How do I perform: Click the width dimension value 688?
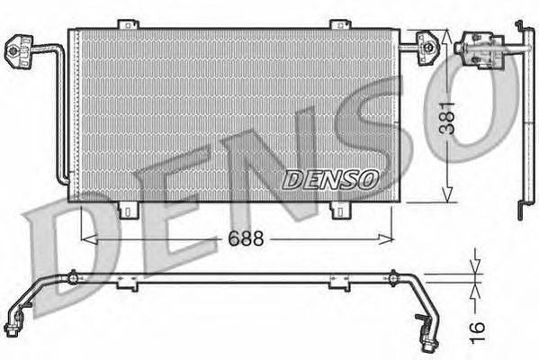click(x=247, y=238)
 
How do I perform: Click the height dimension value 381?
click(x=447, y=117)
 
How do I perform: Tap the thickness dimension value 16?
click(x=478, y=332)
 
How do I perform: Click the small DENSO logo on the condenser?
click(x=330, y=179)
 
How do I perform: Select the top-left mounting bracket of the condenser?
click(x=128, y=24)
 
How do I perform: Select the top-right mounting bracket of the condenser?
click(x=340, y=24)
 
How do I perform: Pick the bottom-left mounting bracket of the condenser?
click(x=128, y=210)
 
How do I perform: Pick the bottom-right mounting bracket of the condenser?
click(x=340, y=210)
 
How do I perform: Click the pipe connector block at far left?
click(x=19, y=51)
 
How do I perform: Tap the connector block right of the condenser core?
click(x=428, y=48)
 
